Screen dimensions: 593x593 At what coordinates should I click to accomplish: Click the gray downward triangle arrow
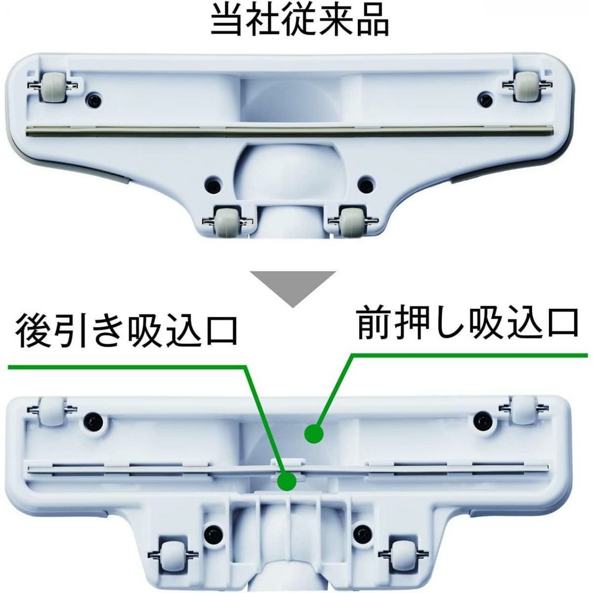[293, 289]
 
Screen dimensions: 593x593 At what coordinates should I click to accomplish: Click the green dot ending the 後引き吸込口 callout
[287, 490]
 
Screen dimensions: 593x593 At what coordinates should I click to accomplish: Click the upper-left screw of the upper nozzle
[93, 100]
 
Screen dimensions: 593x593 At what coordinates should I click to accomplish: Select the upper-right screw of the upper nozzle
[485, 99]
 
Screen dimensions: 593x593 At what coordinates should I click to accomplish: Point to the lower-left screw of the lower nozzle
[212, 533]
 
